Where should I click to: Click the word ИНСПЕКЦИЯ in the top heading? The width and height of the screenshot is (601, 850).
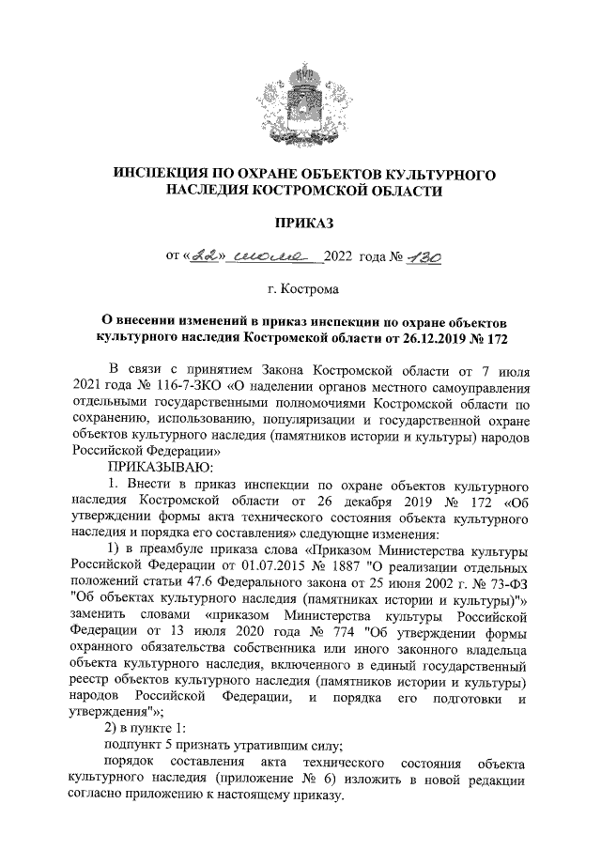pyautogui.click(x=165, y=176)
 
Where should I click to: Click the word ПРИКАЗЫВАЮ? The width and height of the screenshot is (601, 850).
pyautogui.click(x=161, y=467)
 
